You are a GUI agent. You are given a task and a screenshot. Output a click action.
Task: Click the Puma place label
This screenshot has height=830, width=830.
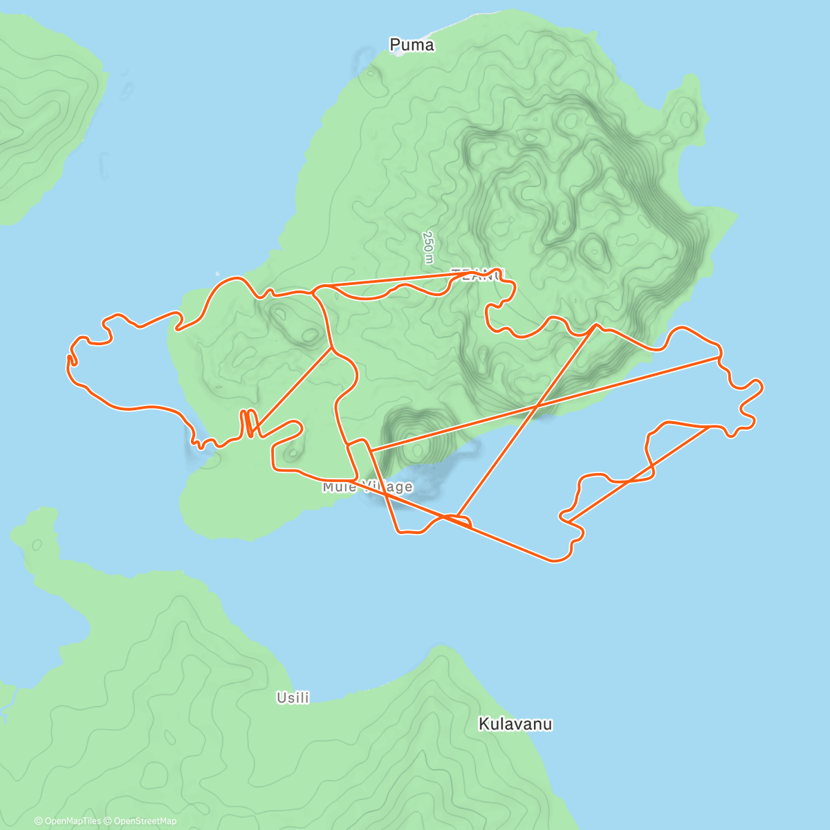pos(412,46)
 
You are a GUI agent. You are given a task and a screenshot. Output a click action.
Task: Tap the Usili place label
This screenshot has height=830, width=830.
pos(293,698)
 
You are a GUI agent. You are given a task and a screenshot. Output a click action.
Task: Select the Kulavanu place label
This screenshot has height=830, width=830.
pos(515,724)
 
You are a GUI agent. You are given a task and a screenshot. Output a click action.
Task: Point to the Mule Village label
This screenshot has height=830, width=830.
pos(367,487)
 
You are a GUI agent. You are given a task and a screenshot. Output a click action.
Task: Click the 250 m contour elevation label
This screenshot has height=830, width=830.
pos(428,247)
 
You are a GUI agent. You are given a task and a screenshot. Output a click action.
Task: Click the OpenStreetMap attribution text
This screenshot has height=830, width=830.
pos(145,821)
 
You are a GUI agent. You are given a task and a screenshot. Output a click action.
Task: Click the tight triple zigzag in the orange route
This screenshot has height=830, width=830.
pos(250,423)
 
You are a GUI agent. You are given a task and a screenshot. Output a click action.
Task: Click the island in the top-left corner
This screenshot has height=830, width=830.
pos(41,111)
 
